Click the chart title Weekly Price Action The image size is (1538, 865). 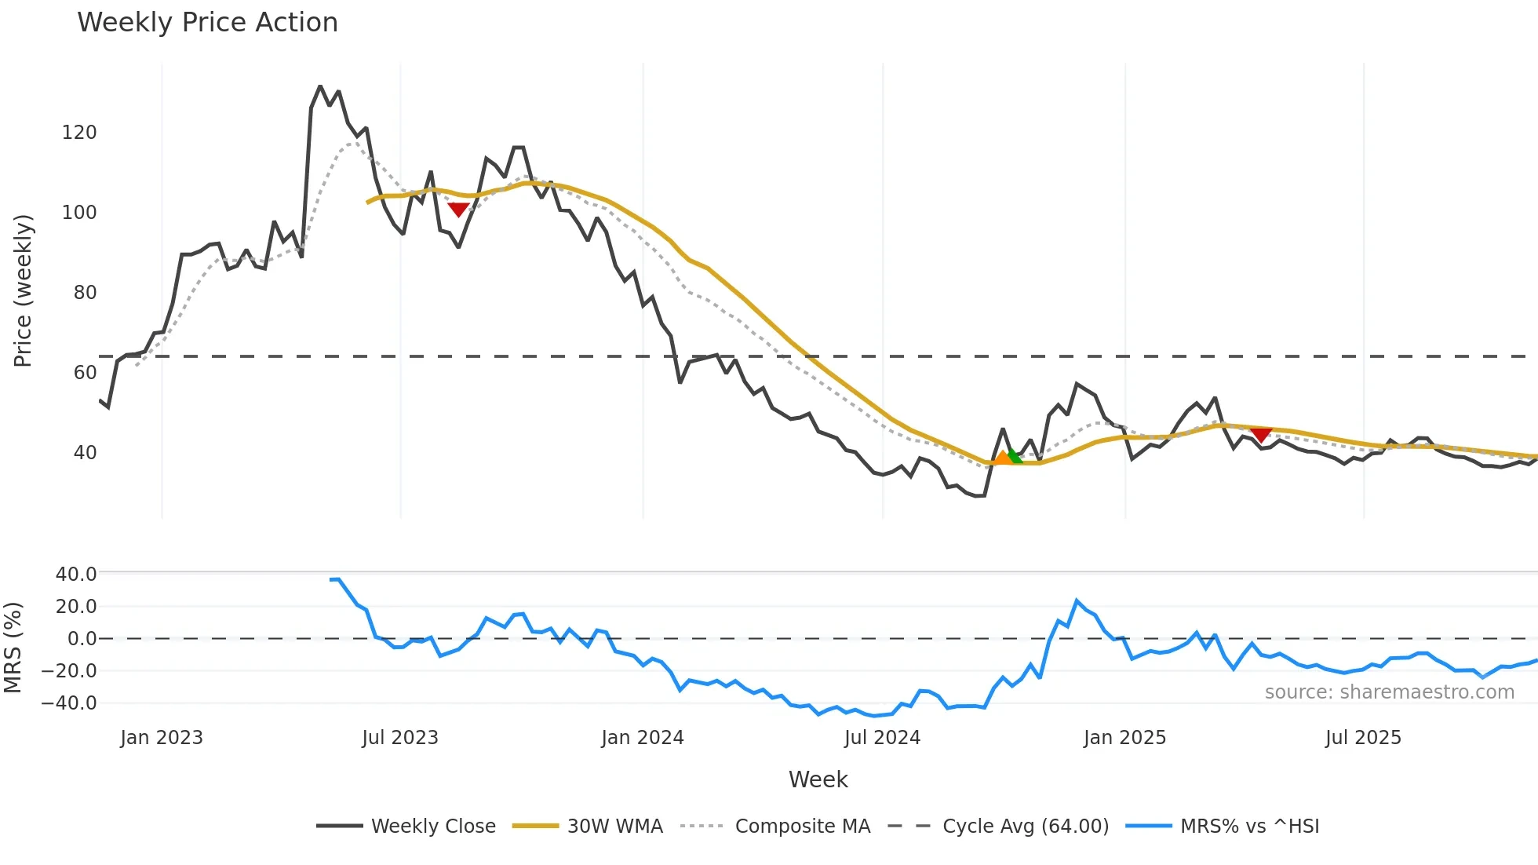point(207,23)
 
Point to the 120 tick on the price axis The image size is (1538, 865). point(79,133)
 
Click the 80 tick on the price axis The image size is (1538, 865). point(85,293)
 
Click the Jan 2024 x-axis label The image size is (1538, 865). point(643,738)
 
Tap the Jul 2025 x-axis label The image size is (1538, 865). point(1363,738)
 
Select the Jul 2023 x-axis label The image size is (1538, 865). point(400,738)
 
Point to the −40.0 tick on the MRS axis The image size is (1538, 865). point(69,703)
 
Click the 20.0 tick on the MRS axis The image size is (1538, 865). point(76,606)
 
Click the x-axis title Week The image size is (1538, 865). point(818,779)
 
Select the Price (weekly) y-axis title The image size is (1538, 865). point(23,290)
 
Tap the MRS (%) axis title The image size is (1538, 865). point(13,648)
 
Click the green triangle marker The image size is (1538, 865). point(1015,456)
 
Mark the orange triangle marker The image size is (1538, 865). point(1002,458)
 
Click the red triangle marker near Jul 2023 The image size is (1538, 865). point(458,209)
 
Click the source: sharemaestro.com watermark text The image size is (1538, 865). point(1389,692)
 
